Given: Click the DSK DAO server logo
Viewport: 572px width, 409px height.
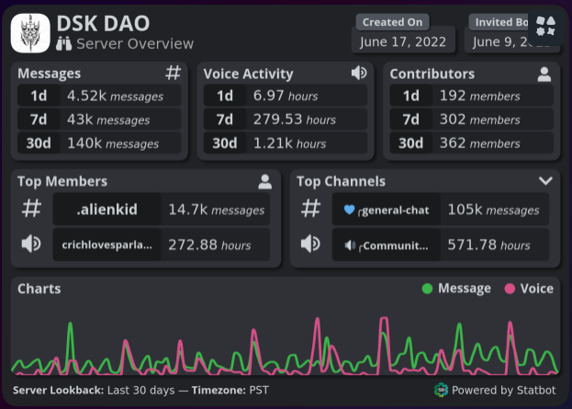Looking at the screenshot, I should [x=30, y=32].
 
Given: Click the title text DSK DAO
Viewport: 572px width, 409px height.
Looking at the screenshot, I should [x=103, y=23].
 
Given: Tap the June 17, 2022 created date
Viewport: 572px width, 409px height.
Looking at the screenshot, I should [x=404, y=41].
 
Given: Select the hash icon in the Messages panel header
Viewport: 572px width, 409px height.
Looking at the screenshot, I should [x=173, y=73].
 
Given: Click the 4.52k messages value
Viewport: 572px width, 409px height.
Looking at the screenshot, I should [x=115, y=96].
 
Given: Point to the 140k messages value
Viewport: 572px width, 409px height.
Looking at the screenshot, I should [x=113, y=143].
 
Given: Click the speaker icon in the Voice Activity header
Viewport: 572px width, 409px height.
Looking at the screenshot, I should [x=359, y=73].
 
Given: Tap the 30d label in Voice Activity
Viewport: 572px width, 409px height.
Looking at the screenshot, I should [x=225, y=143].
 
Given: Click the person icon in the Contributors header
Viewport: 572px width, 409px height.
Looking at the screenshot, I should [x=544, y=74].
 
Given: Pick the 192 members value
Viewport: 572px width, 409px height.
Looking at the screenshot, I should [x=479, y=96].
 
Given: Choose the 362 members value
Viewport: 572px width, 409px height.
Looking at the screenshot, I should [x=479, y=143].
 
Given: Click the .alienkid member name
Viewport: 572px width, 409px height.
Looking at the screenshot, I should [x=107, y=210].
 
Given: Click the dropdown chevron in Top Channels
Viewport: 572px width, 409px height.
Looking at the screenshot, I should [x=545, y=181].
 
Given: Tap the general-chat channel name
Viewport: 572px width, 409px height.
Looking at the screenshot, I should [x=395, y=210].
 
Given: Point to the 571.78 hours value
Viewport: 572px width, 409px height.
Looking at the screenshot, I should [x=488, y=244].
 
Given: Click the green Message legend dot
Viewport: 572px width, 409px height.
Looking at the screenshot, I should [x=427, y=289].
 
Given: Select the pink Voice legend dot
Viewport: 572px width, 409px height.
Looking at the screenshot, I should [x=510, y=289].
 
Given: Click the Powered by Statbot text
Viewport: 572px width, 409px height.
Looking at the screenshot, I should [x=503, y=390].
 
